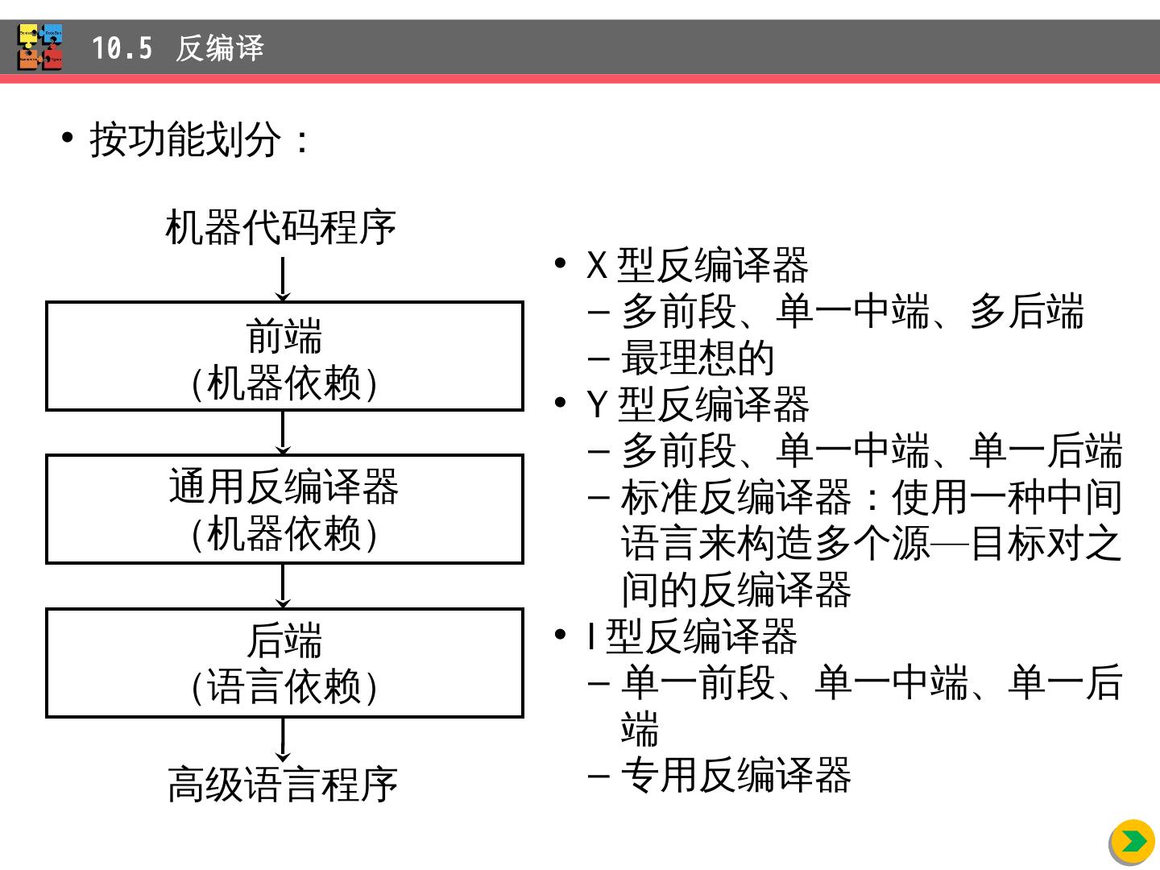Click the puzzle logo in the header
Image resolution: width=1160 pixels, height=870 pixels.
click(40, 47)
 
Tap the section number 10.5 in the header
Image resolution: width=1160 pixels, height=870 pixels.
click(122, 48)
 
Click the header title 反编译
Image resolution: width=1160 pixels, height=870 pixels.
click(220, 48)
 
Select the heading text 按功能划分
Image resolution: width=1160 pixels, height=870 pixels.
click(185, 140)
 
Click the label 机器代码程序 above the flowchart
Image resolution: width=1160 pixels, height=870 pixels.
click(281, 227)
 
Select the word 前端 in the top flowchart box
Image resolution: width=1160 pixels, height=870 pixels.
click(284, 335)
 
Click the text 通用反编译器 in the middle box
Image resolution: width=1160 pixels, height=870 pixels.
click(284, 487)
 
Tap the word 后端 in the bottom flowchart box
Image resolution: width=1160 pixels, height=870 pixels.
click(284, 640)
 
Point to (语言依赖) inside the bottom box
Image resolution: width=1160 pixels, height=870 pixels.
click(284, 687)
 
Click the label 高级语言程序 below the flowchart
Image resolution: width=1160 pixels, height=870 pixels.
click(283, 784)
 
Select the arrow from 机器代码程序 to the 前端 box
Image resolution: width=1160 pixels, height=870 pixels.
click(283, 280)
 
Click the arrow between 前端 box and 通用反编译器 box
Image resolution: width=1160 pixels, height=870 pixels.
click(283, 433)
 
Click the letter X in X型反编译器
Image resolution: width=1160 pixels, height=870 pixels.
click(597, 265)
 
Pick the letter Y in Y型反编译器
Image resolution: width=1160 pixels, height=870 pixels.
click(597, 404)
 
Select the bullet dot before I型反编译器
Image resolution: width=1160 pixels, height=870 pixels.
click(561, 635)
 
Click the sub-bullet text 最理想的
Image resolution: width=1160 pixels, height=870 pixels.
click(698, 358)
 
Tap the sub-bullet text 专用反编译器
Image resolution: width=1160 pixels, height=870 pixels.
click(735, 775)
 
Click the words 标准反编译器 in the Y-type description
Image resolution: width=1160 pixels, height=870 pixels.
click(735, 497)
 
